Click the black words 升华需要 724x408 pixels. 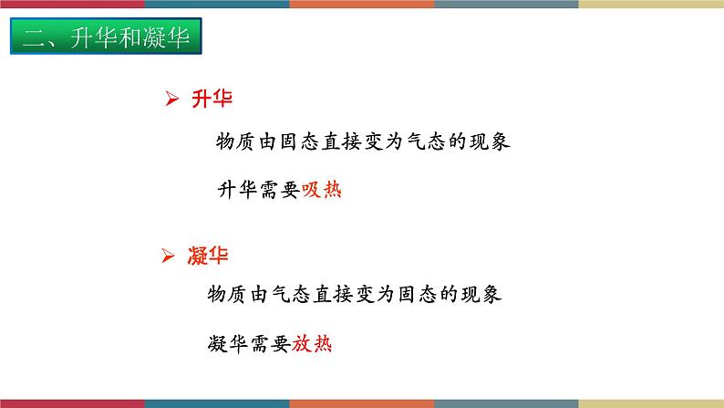tap(259, 191)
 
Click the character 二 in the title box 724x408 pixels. tap(33, 39)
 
